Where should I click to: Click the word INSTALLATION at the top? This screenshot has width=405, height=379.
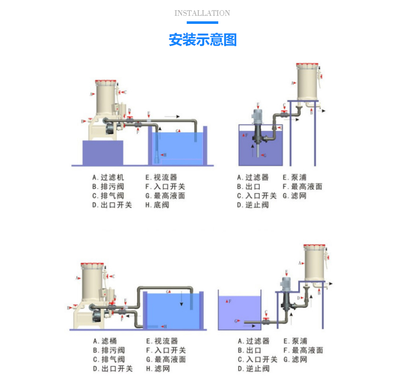(x=202, y=13)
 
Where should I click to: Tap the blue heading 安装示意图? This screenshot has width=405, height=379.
(x=202, y=40)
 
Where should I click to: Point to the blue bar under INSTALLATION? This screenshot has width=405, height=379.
(x=202, y=23)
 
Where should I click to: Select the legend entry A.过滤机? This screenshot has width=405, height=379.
(x=108, y=177)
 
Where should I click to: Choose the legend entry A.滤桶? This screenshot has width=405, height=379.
(x=105, y=341)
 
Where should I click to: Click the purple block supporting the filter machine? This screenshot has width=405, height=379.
(x=102, y=153)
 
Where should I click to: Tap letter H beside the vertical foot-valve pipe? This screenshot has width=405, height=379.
(x=165, y=154)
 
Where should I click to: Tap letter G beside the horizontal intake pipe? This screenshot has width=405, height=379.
(x=235, y=321)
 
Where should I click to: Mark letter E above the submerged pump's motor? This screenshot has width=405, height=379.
(x=257, y=104)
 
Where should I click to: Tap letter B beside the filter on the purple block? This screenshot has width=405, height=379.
(x=83, y=122)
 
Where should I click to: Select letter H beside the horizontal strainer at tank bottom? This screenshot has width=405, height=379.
(x=165, y=327)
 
